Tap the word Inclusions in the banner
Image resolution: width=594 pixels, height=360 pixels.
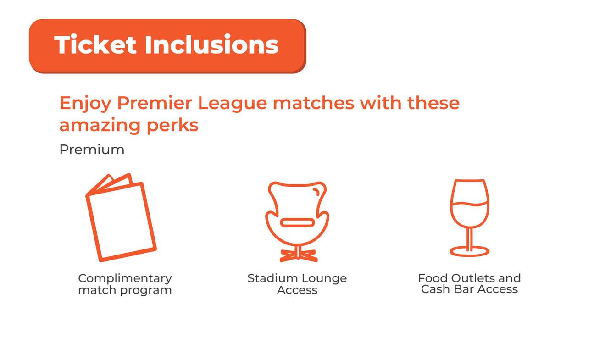pos(211,45)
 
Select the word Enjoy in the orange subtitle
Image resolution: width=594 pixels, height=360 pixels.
pos(85,104)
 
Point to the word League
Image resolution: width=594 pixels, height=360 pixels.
pos(232,104)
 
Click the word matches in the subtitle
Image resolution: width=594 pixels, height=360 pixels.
pos(313,103)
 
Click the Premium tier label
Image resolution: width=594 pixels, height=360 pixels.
pos(92,150)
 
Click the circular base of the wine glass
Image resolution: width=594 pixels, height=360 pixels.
pos(469,251)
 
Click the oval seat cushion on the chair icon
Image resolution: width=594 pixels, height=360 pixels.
pos(297,223)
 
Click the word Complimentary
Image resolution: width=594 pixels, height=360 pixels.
pos(125,278)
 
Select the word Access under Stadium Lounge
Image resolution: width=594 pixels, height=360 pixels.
pos(297,290)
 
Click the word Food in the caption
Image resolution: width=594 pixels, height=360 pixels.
pos(433,278)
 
